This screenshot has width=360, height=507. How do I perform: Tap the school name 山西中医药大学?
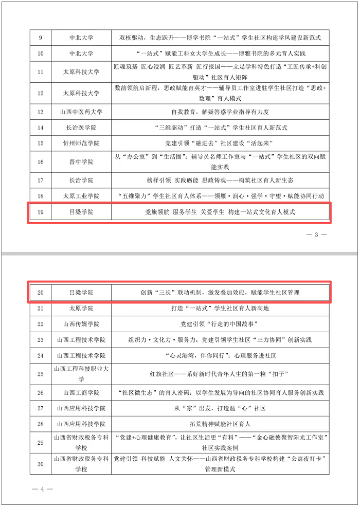81,112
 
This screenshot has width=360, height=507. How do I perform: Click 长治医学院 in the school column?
81,128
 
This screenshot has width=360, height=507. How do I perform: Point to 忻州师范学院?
81,143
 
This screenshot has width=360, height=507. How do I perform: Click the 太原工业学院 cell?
81,196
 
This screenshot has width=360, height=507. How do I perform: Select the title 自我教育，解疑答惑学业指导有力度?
220,112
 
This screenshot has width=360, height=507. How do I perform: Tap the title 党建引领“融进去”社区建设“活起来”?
220,143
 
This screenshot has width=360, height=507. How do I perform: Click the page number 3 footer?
317,235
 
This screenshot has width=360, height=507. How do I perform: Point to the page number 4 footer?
43,489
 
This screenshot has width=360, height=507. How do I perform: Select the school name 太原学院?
81,309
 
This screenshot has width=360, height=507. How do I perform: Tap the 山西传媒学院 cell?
81,324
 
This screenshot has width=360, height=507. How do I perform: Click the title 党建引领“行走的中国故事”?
220,324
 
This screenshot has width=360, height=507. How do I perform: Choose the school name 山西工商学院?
81,393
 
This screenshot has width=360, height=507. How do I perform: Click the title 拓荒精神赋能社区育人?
220,424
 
